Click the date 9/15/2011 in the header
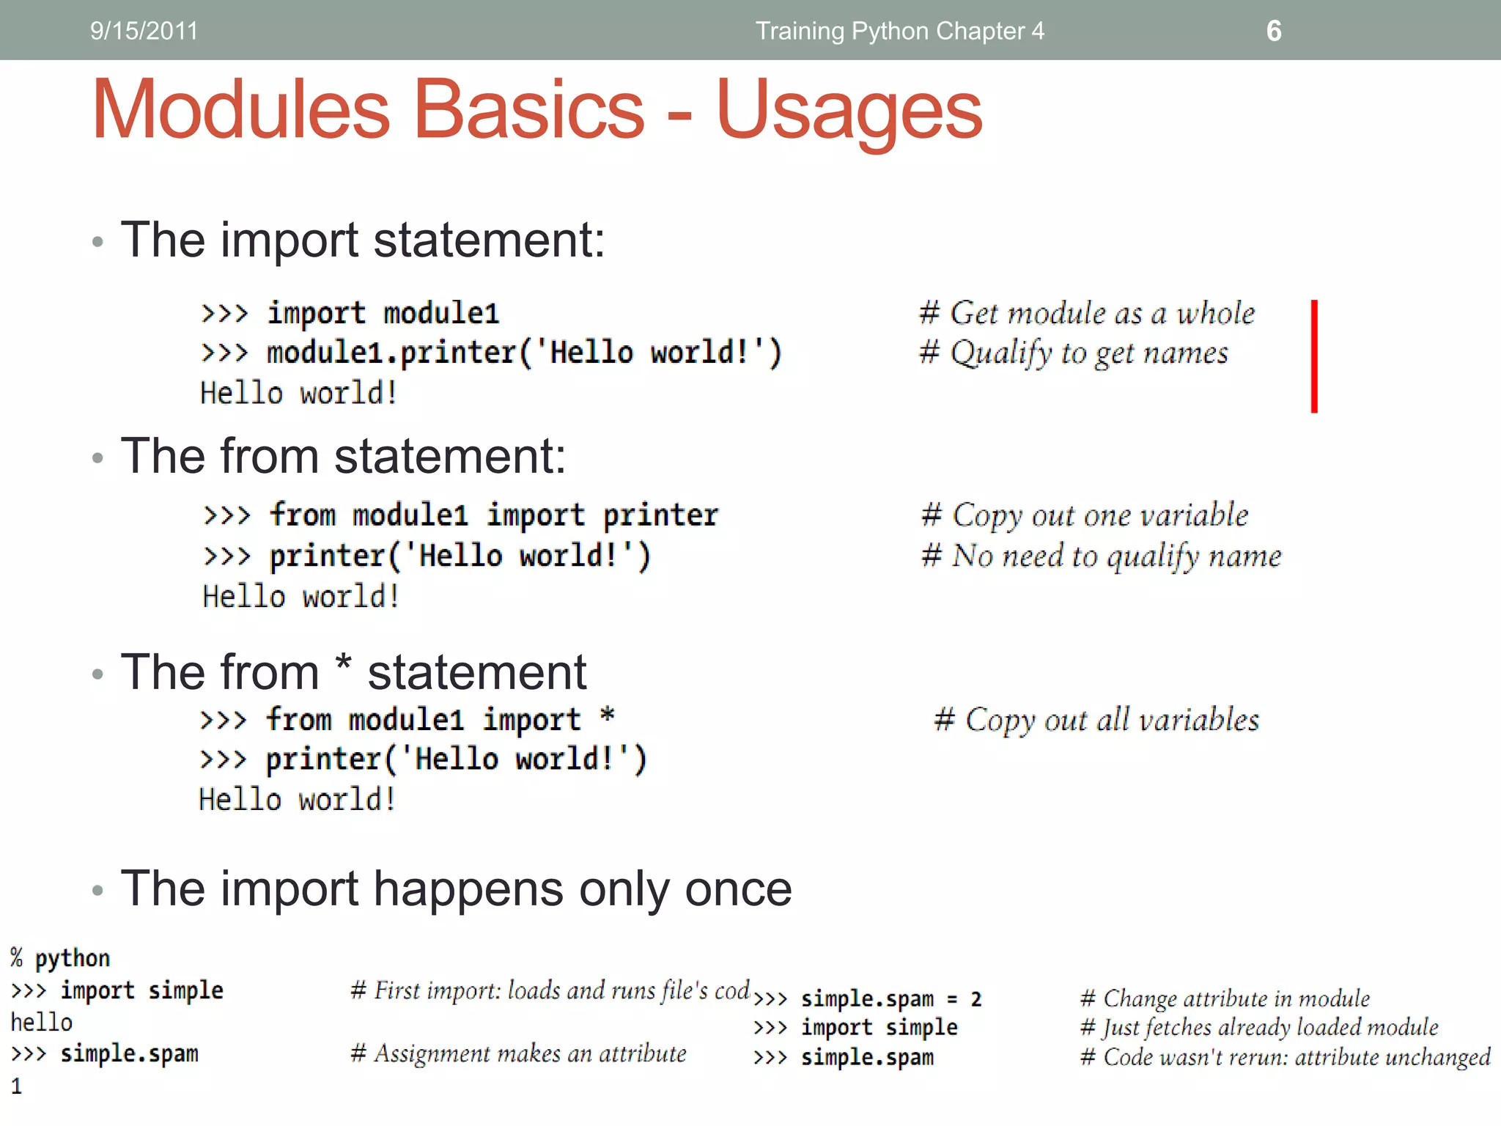tap(144, 31)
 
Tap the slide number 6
tap(1274, 31)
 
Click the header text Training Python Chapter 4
tap(899, 31)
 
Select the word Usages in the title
tap(849, 110)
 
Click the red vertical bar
tap(1314, 356)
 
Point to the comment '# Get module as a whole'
tap(1087, 313)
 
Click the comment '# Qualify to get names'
tap(1074, 353)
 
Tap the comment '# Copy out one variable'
tap(1085, 515)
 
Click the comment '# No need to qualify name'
tap(1102, 556)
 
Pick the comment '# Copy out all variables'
tap(1096, 720)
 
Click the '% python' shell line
tap(60, 958)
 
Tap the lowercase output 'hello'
tap(42, 1022)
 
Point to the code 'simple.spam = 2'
tap(890, 998)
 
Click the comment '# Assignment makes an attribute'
tap(518, 1054)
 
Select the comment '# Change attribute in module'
tap(1225, 998)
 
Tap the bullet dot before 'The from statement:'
tap(97, 458)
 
